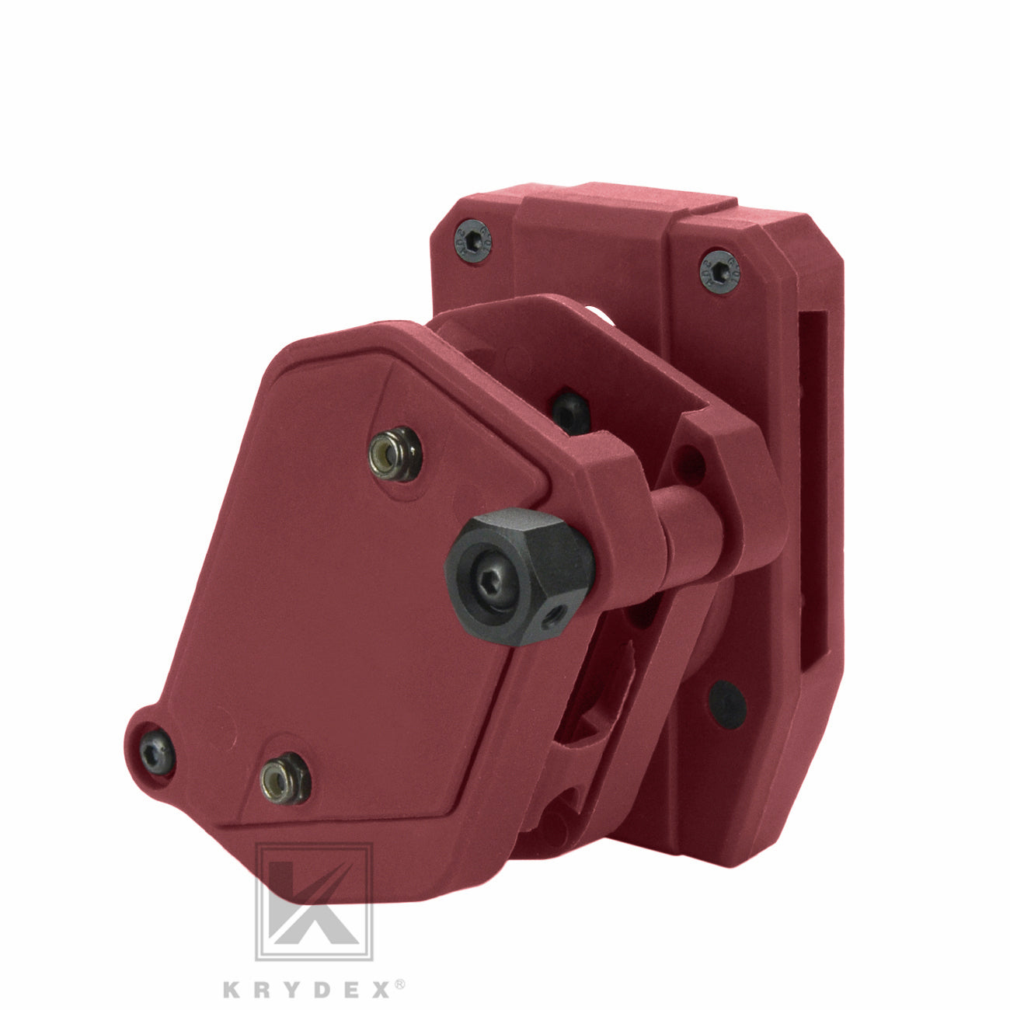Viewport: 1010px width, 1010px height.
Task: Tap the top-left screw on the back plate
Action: (473, 241)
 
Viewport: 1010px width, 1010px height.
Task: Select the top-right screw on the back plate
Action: (719, 271)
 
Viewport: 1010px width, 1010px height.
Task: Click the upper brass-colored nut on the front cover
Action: (395, 454)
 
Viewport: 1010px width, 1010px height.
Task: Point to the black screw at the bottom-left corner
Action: (158, 753)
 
